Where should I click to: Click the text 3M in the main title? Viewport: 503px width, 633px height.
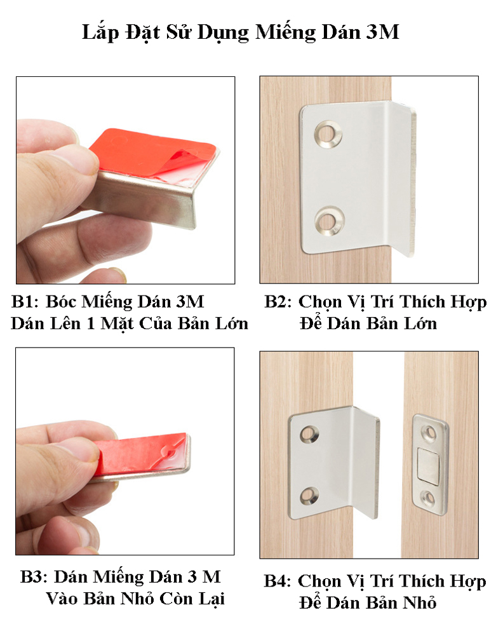(383, 32)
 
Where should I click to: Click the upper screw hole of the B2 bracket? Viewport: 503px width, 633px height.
(328, 133)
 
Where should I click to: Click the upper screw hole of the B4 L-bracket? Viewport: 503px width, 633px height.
(309, 433)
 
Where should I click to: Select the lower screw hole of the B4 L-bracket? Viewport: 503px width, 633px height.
(309, 496)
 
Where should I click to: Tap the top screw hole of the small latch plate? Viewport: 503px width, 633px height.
(429, 433)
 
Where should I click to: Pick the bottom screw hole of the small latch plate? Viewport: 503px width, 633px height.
(429, 499)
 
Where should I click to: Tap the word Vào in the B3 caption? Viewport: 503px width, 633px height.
(62, 599)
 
